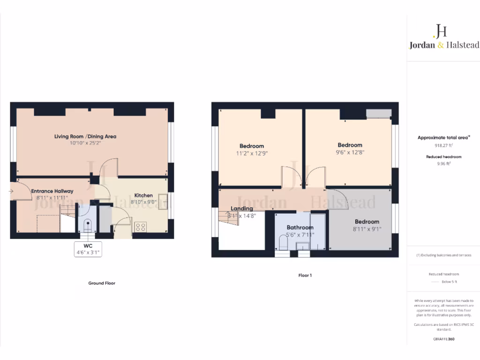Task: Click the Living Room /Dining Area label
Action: coord(85,136)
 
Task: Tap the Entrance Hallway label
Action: coord(52,191)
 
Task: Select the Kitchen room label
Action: coord(143,195)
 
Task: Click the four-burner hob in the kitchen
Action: coord(140,227)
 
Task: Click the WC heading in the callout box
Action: coord(88,246)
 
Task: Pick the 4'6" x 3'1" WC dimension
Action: coord(88,252)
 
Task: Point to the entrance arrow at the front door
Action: coord(11,191)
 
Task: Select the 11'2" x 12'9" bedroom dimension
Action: coord(252,153)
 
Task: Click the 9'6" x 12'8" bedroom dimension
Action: coord(350,152)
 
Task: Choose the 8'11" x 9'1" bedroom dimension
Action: coord(367,229)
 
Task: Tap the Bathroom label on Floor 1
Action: coord(300,228)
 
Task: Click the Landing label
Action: coord(242,209)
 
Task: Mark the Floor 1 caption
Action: coord(305,275)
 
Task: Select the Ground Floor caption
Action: coord(102,283)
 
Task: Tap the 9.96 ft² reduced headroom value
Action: coord(443,164)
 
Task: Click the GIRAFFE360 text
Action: coord(443,338)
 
